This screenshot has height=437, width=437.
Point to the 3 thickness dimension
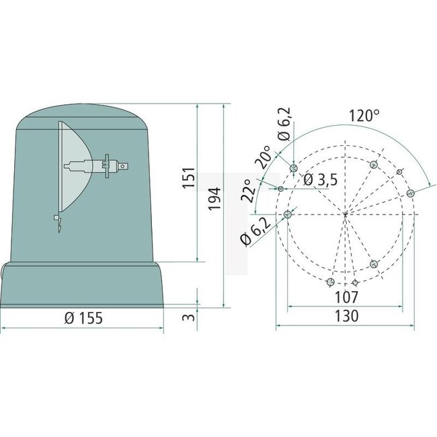tap(190, 315)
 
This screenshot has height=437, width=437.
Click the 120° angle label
tap(364, 116)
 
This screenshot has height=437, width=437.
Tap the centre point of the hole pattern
tap(345, 214)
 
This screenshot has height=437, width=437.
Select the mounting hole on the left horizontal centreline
tap(288, 214)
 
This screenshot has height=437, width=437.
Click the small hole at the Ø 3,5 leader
tap(281, 188)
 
